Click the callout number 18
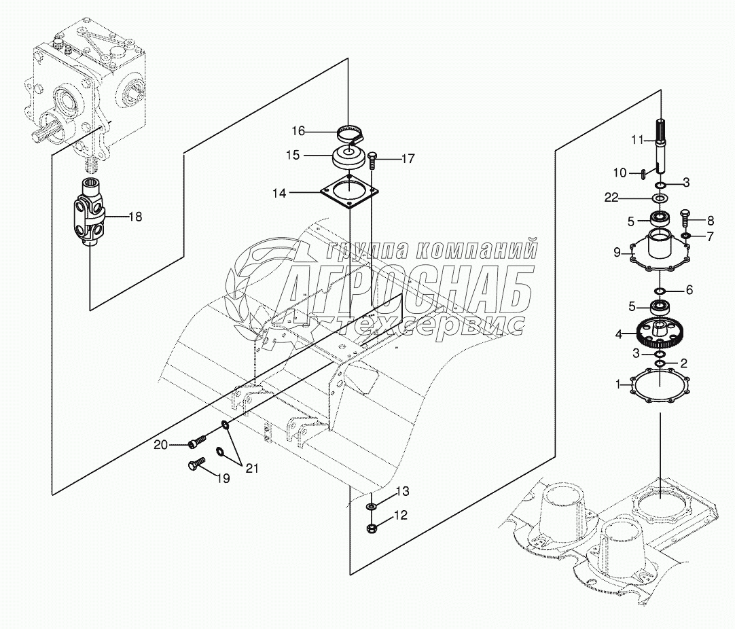[135, 217]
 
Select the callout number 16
[299, 130]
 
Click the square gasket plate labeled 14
[348, 193]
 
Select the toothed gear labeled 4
[659, 333]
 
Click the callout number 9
[617, 253]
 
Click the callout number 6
[689, 290]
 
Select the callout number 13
[402, 491]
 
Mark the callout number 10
[621, 173]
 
